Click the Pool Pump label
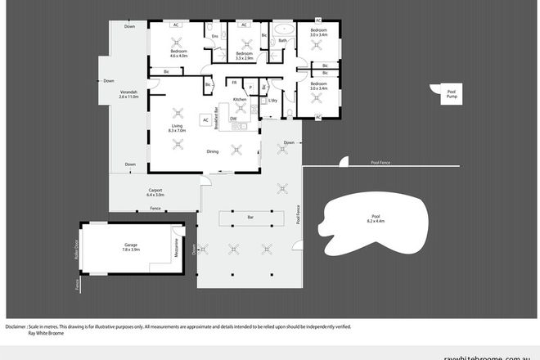click(x=451, y=94)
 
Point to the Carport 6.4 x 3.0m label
click(x=155, y=192)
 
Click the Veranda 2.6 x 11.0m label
click(x=128, y=94)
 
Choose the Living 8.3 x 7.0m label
click(x=177, y=128)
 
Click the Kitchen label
click(x=240, y=99)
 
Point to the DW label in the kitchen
click(x=233, y=119)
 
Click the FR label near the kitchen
click(x=234, y=83)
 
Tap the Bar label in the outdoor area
click(x=250, y=218)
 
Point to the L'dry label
click(x=273, y=101)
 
